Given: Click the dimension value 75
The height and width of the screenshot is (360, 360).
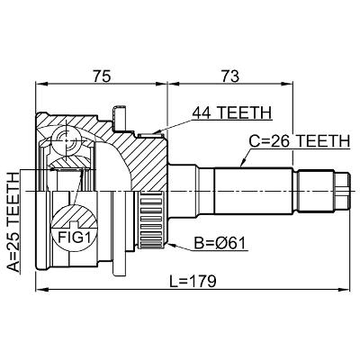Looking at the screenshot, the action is tap(102, 76).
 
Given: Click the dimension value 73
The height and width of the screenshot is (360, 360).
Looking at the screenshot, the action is tap(230, 76).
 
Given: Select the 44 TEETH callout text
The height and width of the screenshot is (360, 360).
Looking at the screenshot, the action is tap(231, 112).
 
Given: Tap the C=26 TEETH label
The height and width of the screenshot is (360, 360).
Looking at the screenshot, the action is tap(300, 141).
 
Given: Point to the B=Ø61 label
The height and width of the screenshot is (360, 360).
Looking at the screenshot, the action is tap(220, 243).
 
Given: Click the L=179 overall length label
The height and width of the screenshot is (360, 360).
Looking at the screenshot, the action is tap(193, 282).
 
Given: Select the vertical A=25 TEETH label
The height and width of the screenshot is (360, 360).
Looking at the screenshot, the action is tap(13, 222).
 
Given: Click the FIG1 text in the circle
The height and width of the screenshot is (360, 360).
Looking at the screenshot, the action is tap(74, 238).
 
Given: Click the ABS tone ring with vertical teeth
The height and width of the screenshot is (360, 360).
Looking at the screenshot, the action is tap(152, 220).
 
